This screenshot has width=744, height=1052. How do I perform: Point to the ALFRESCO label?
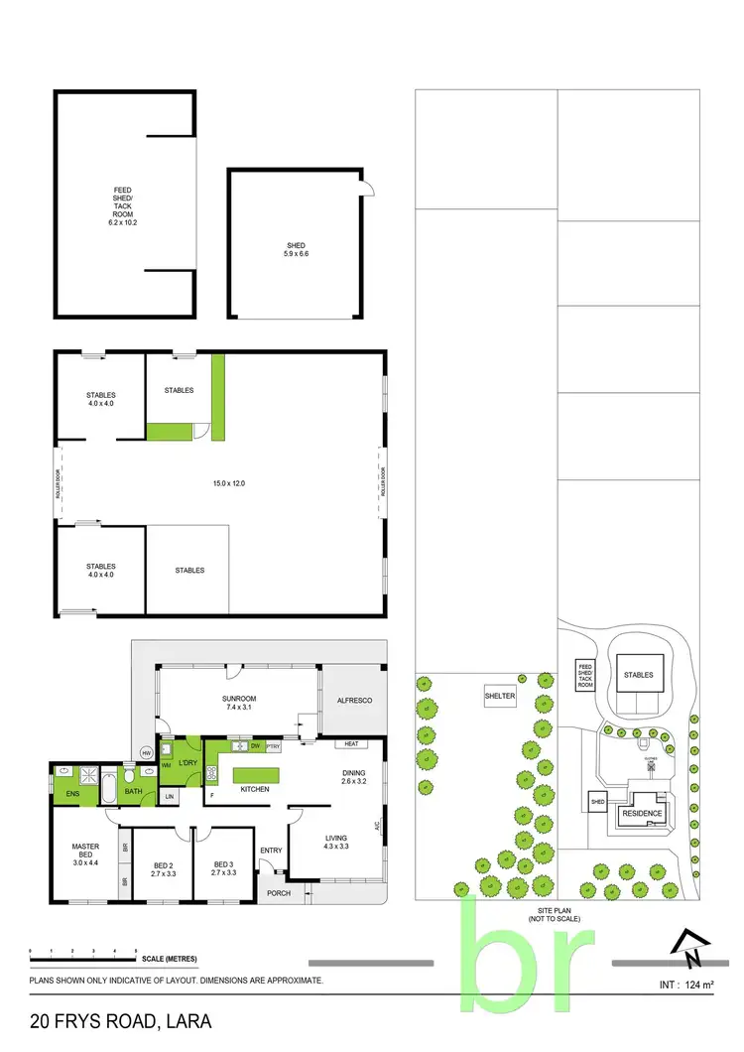(x=352, y=701)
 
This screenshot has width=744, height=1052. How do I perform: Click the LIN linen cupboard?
(x=170, y=796)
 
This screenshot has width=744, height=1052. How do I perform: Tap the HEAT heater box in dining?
(x=350, y=743)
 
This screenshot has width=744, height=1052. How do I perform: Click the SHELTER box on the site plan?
(x=500, y=696)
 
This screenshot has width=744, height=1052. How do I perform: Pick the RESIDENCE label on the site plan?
(x=642, y=813)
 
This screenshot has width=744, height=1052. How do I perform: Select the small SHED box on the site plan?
(x=597, y=802)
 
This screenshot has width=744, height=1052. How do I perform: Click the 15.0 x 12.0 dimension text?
(x=228, y=483)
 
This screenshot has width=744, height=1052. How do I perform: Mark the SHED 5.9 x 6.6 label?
(x=296, y=249)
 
